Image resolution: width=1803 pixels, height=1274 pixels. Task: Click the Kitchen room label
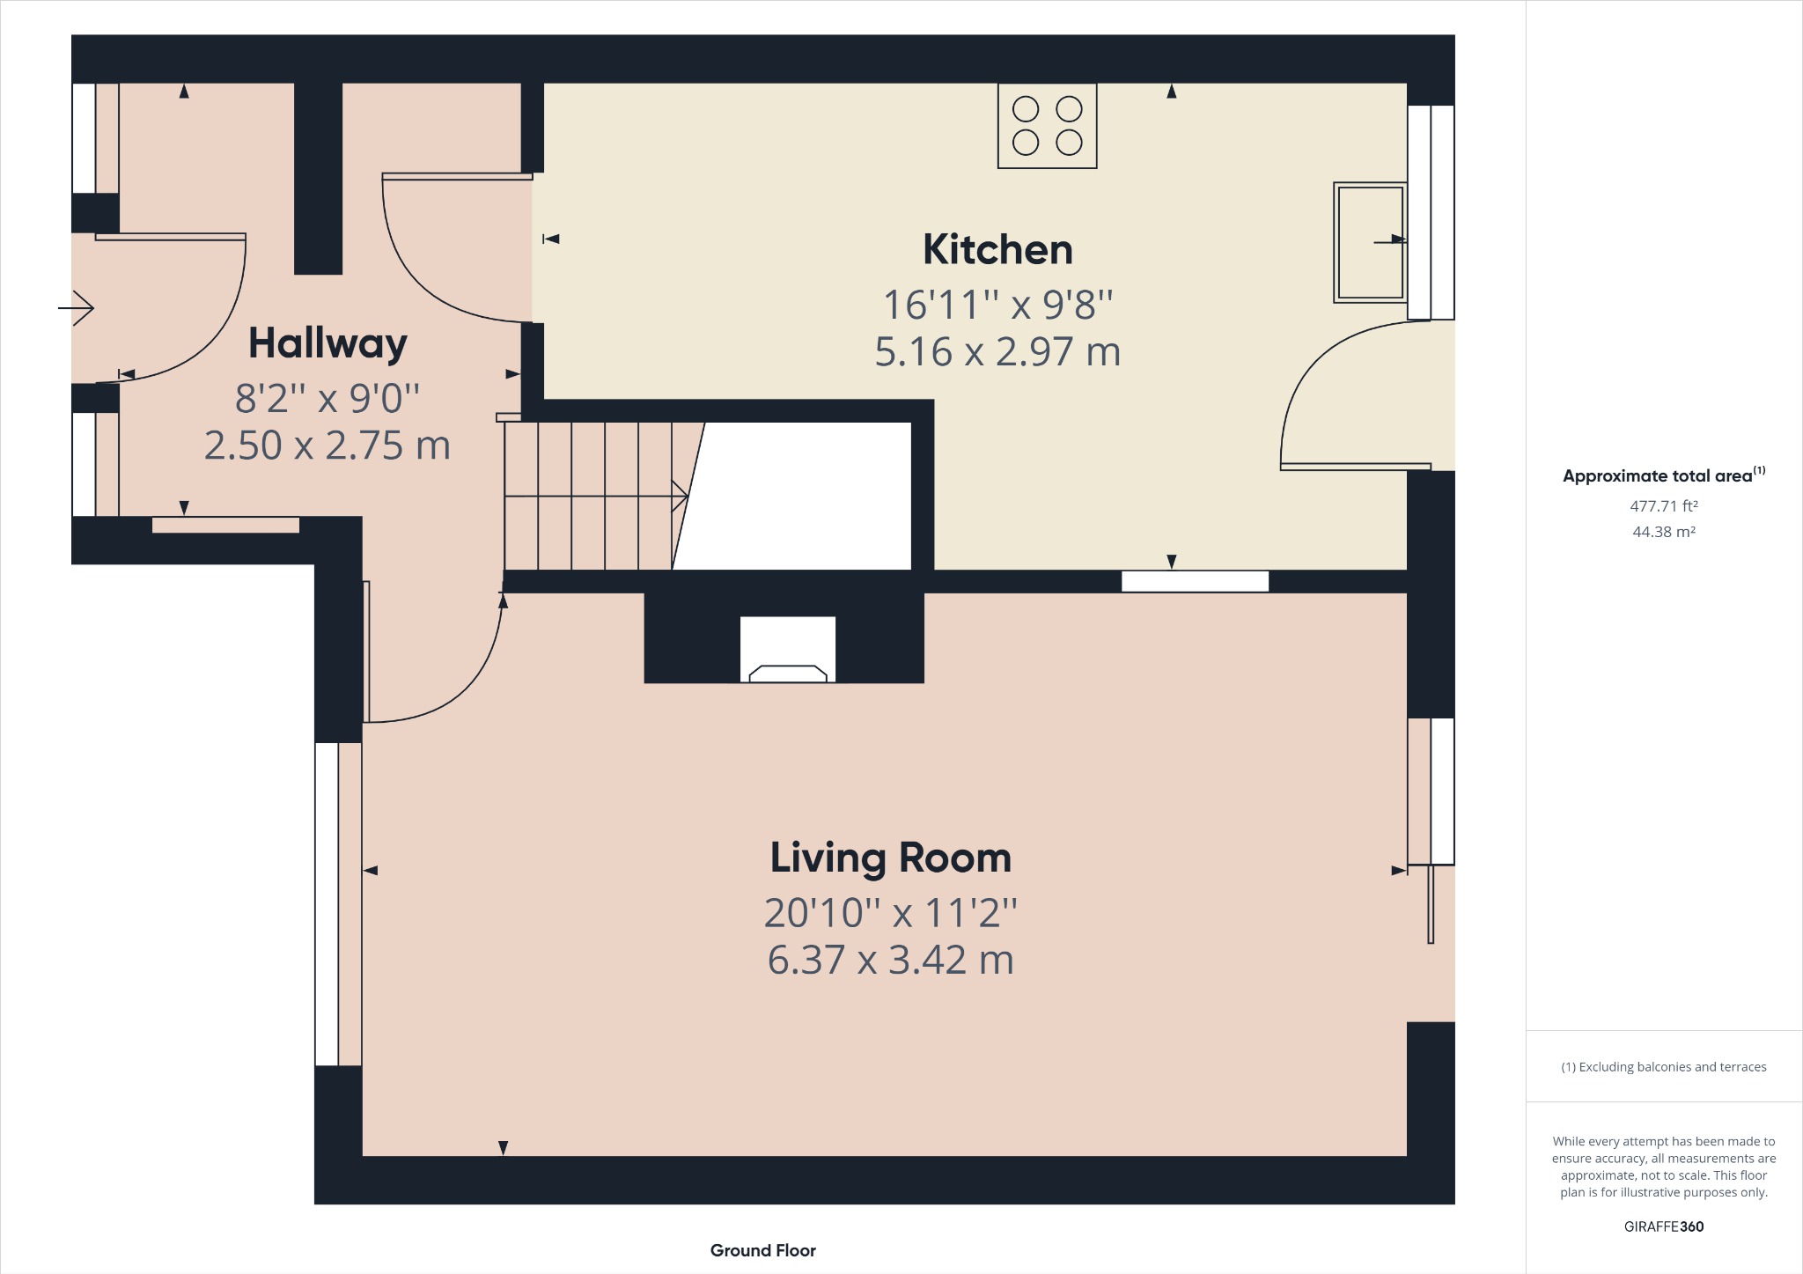(997, 250)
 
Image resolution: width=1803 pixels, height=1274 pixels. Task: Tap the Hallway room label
(327, 343)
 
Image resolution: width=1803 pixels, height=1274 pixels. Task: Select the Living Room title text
(890, 858)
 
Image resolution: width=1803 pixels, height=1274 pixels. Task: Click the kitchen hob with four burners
(1047, 126)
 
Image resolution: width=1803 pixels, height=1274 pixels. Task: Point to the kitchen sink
(1370, 242)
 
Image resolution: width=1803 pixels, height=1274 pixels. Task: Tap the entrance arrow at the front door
(77, 308)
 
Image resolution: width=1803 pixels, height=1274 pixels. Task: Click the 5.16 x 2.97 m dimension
(997, 352)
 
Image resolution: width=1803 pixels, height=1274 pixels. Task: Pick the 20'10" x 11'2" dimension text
(890, 913)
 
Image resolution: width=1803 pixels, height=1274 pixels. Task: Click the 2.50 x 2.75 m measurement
(327, 446)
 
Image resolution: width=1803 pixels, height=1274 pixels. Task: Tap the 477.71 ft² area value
(1663, 506)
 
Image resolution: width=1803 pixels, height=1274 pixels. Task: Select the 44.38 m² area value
(1663, 532)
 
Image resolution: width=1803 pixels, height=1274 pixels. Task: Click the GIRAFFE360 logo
(1663, 1226)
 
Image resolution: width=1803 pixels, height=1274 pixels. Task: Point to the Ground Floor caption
(762, 1250)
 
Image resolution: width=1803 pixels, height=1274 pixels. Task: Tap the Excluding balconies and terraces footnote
(1663, 1067)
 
